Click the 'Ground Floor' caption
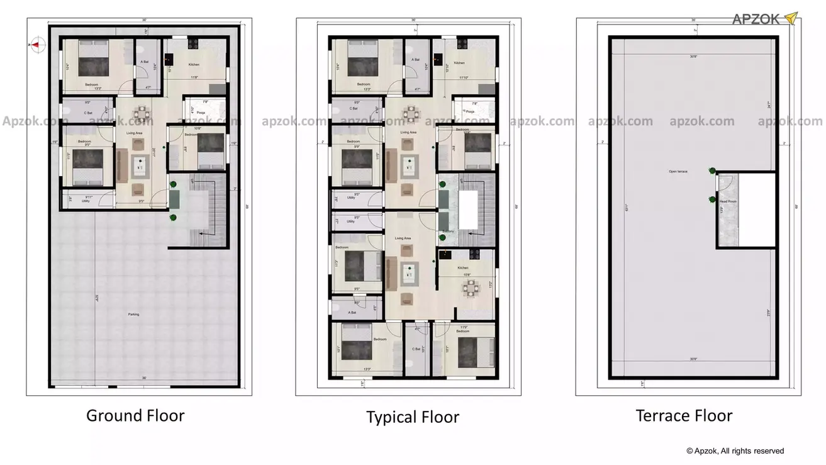tap(135, 416)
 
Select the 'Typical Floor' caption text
tap(413, 417)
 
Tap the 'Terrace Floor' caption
tap(684, 416)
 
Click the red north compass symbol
tap(37, 44)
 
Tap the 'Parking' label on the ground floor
tap(133, 314)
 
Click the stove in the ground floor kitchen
tap(192, 44)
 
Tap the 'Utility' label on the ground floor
tap(86, 201)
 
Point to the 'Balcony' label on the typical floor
tap(448, 232)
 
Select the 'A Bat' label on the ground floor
tap(144, 62)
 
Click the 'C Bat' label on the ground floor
tap(88, 113)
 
